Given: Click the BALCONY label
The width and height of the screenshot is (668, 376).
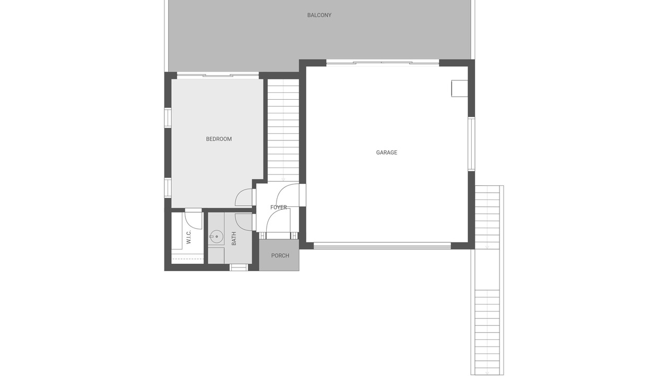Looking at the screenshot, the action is click(x=319, y=15).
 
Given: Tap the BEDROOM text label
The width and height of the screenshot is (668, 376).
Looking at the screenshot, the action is click(x=219, y=139).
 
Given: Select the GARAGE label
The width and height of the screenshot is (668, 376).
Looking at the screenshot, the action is click(x=387, y=152).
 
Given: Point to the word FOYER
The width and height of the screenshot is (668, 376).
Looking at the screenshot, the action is click(x=279, y=207).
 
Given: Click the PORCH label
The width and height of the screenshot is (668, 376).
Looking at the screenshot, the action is click(x=280, y=256).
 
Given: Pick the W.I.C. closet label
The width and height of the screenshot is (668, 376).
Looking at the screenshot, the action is click(x=188, y=237).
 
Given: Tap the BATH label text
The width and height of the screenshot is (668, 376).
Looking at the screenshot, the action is click(x=234, y=239).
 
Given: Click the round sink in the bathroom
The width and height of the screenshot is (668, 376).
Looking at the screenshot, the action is click(x=216, y=237).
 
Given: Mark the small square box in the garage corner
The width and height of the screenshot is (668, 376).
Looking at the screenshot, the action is click(x=459, y=88).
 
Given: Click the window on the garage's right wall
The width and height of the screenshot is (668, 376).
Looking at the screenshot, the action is click(x=471, y=144).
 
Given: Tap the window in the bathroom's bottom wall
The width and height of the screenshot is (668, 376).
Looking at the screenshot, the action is click(x=238, y=267).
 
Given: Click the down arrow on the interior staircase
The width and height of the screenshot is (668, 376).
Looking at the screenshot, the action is click(x=283, y=179).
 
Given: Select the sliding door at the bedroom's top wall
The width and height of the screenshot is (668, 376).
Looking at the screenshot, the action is click(x=218, y=76).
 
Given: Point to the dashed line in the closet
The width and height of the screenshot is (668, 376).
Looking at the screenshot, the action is click(x=187, y=259).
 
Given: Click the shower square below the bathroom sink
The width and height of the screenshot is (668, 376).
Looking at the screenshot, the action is click(x=216, y=256).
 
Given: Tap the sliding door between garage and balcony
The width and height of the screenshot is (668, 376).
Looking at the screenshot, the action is click(x=383, y=63).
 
